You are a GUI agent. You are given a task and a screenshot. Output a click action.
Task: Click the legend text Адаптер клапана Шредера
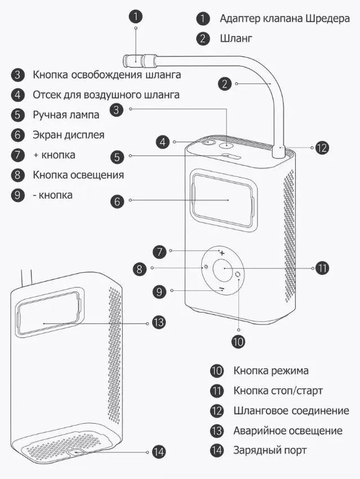click(x=285, y=19)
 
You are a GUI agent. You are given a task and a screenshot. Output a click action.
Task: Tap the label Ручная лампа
click(x=66, y=115)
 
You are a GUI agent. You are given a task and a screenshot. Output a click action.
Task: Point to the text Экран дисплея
click(x=68, y=135)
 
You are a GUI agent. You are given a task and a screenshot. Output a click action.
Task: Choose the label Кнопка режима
click(x=270, y=371)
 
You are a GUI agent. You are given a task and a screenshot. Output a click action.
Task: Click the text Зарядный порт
click(x=270, y=450)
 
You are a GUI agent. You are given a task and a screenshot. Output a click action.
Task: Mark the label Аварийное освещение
click(x=288, y=431)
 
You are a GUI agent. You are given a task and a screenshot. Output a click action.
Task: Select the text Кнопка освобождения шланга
click(x=107, y=75)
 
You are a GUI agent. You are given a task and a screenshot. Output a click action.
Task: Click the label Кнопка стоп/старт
click(x=278, y=391)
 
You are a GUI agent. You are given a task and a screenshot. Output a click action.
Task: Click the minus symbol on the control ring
click(x=222, y=288)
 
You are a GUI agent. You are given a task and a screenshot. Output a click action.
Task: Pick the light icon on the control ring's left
click(x=206, y=269)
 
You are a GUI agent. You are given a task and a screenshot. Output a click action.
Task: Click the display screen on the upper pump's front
click(x=222, y=200)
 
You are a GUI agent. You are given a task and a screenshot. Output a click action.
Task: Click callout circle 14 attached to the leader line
click(x=159, y=452)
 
